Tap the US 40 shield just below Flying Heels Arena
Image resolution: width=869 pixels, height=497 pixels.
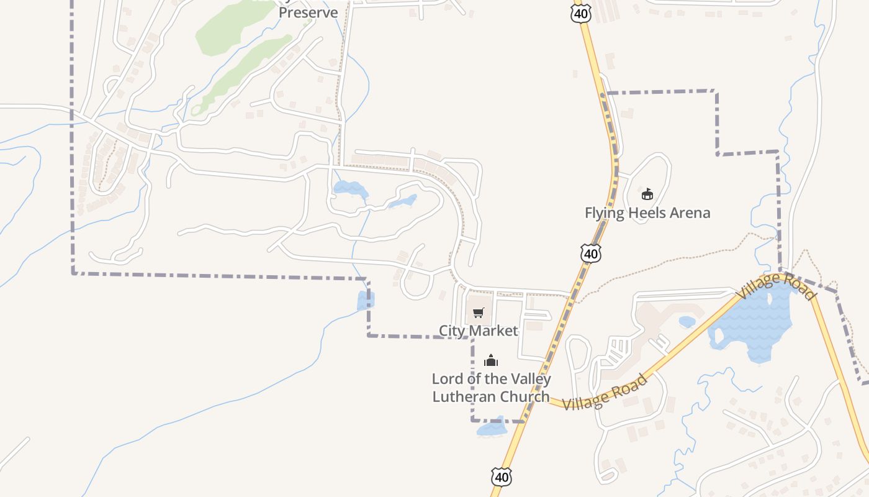(591, 253)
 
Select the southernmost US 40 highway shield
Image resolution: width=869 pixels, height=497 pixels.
(502, 476)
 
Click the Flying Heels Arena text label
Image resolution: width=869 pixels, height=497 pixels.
(647, 213)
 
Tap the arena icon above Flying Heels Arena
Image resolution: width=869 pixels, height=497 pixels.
(647, 194)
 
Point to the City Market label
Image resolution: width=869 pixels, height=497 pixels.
(478, 331)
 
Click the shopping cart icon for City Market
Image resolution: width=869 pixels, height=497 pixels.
(478, 312)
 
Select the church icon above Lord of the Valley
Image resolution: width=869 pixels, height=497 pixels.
(491, 360)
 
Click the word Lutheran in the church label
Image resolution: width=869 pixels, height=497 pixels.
(464, 396)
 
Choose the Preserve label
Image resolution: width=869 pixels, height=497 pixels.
(308, 12)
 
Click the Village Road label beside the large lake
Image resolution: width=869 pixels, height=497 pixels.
(776, 286)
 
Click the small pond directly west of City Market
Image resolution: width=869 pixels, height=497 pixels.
(365, 301)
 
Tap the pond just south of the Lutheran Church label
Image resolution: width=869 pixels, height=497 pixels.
(492, 429)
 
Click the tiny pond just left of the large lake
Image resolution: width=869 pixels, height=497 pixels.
(687, 321)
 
